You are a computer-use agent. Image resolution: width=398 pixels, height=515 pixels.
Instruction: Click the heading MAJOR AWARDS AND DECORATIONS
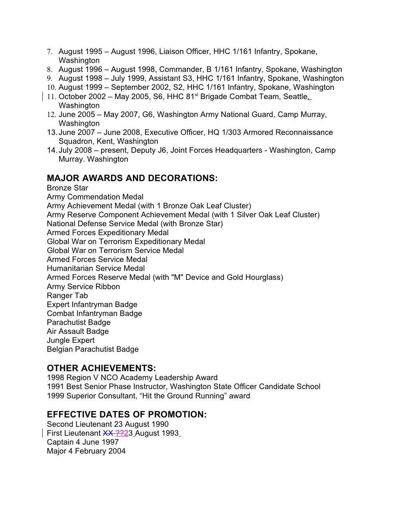(132, 178)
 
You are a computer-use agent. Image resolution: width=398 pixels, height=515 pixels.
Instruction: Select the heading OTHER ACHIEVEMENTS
(101, 368)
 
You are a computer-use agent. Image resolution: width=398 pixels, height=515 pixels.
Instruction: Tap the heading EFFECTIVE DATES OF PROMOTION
(127, 415)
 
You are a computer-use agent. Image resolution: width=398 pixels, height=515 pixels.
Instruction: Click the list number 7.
(49, 52)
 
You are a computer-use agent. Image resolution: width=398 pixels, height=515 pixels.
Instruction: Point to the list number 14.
(52, 150)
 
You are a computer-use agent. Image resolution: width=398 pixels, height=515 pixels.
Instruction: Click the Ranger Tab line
(67, 295)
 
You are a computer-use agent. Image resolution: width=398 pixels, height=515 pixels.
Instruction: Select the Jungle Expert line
(70, 340)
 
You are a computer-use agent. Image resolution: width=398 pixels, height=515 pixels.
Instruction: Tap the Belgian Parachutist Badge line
(93, 349)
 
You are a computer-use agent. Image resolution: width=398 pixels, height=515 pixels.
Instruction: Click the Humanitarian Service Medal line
(96, 268)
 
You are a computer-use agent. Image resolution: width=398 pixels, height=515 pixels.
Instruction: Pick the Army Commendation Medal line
(95, 197)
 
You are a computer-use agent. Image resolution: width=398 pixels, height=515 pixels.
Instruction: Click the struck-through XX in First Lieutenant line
(108, 433)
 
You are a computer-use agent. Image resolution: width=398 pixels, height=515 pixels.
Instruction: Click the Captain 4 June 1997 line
(83, 442)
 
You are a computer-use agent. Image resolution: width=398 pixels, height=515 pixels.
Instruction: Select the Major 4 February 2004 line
(86, 451)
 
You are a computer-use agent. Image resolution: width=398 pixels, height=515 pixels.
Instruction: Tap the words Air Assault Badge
(78, 331)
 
